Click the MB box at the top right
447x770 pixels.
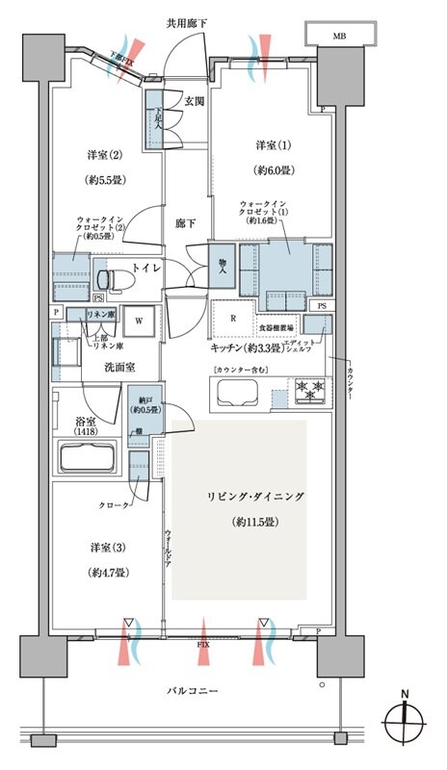coord(338,36)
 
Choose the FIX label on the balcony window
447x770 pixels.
coord(203,642)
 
